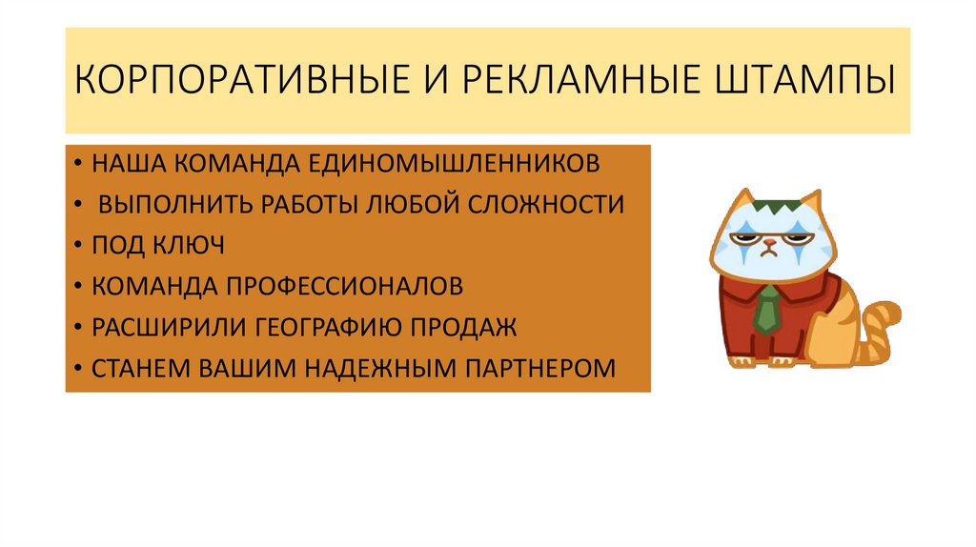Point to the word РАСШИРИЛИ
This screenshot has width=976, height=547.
167,327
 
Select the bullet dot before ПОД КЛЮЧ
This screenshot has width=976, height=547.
75,246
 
